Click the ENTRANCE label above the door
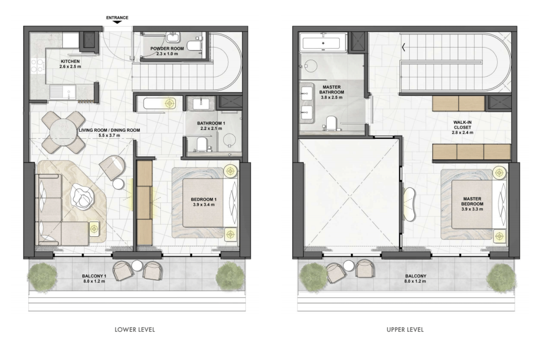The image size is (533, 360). pyautogui.click(x=117, y=18)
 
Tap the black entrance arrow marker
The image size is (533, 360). pyautogui.click(x=117, y=22)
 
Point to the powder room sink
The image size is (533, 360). pyautogui.click(x=173, y=37)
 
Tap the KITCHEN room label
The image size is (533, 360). pyautogui.click(x=70, y=61)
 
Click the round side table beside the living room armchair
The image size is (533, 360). pyautogui.click(x=118, y=184)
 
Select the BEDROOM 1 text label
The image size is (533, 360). pyautogui.click(x=204, y=199)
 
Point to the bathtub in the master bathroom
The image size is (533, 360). pyautogui.click(x=323, y=43)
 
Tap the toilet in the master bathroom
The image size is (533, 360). pyautogui.click(x=331, y=123)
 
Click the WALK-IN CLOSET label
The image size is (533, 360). pyautogui.click(x=462, y=125)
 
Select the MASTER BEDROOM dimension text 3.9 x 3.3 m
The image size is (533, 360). pyautogui.click(x=472, y=209)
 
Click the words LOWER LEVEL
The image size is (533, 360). pyautogui.click(x=135, y=330)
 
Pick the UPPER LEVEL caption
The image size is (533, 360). pyautogui.click(x=405, y=330)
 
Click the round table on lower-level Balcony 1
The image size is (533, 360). pyautogui.click(x=137, y=266)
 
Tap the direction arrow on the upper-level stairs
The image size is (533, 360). pyautogui.click(x=404, y=48)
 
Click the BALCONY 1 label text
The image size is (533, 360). pyautogui.click(x=94, y=276)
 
